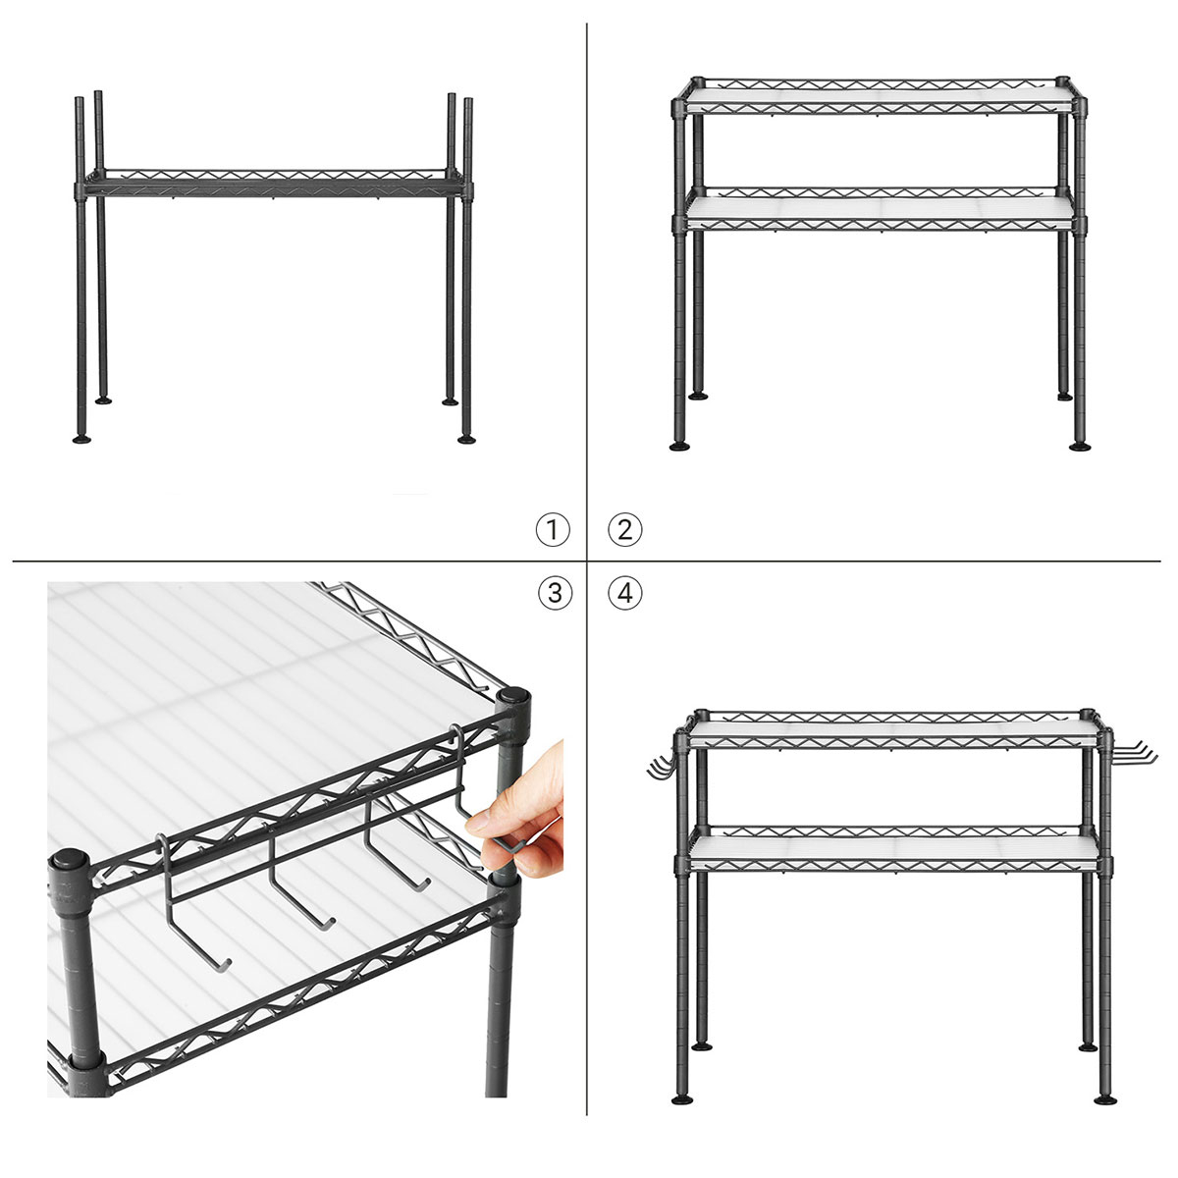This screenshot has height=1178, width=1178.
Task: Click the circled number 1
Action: (x=553, y=529)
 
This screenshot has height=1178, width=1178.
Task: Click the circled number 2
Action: (x=624, y=529)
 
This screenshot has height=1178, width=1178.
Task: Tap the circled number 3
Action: (x=555, y=593)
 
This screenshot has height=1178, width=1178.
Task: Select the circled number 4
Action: (x=625, y=593)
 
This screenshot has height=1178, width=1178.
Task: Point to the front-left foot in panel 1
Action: (x=81, y=439)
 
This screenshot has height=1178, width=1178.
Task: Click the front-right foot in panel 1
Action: (x=467, y=439)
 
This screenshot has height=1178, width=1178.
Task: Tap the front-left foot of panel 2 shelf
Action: (x=679, y=447)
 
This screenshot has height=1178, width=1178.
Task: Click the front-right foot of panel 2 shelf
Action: (x=1080, y=447)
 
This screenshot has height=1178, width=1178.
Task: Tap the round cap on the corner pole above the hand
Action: (x=512, y=696)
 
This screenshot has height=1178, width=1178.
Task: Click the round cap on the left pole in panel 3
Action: (x=68, y=861)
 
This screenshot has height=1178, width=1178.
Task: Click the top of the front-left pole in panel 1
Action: (x=79, y=99)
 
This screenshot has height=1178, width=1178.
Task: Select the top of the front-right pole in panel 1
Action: (x=468, y=100)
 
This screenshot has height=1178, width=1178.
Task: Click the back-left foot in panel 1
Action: (x=103, y=401)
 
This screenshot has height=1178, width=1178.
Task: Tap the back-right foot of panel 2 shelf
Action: (x=1064, y=397)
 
